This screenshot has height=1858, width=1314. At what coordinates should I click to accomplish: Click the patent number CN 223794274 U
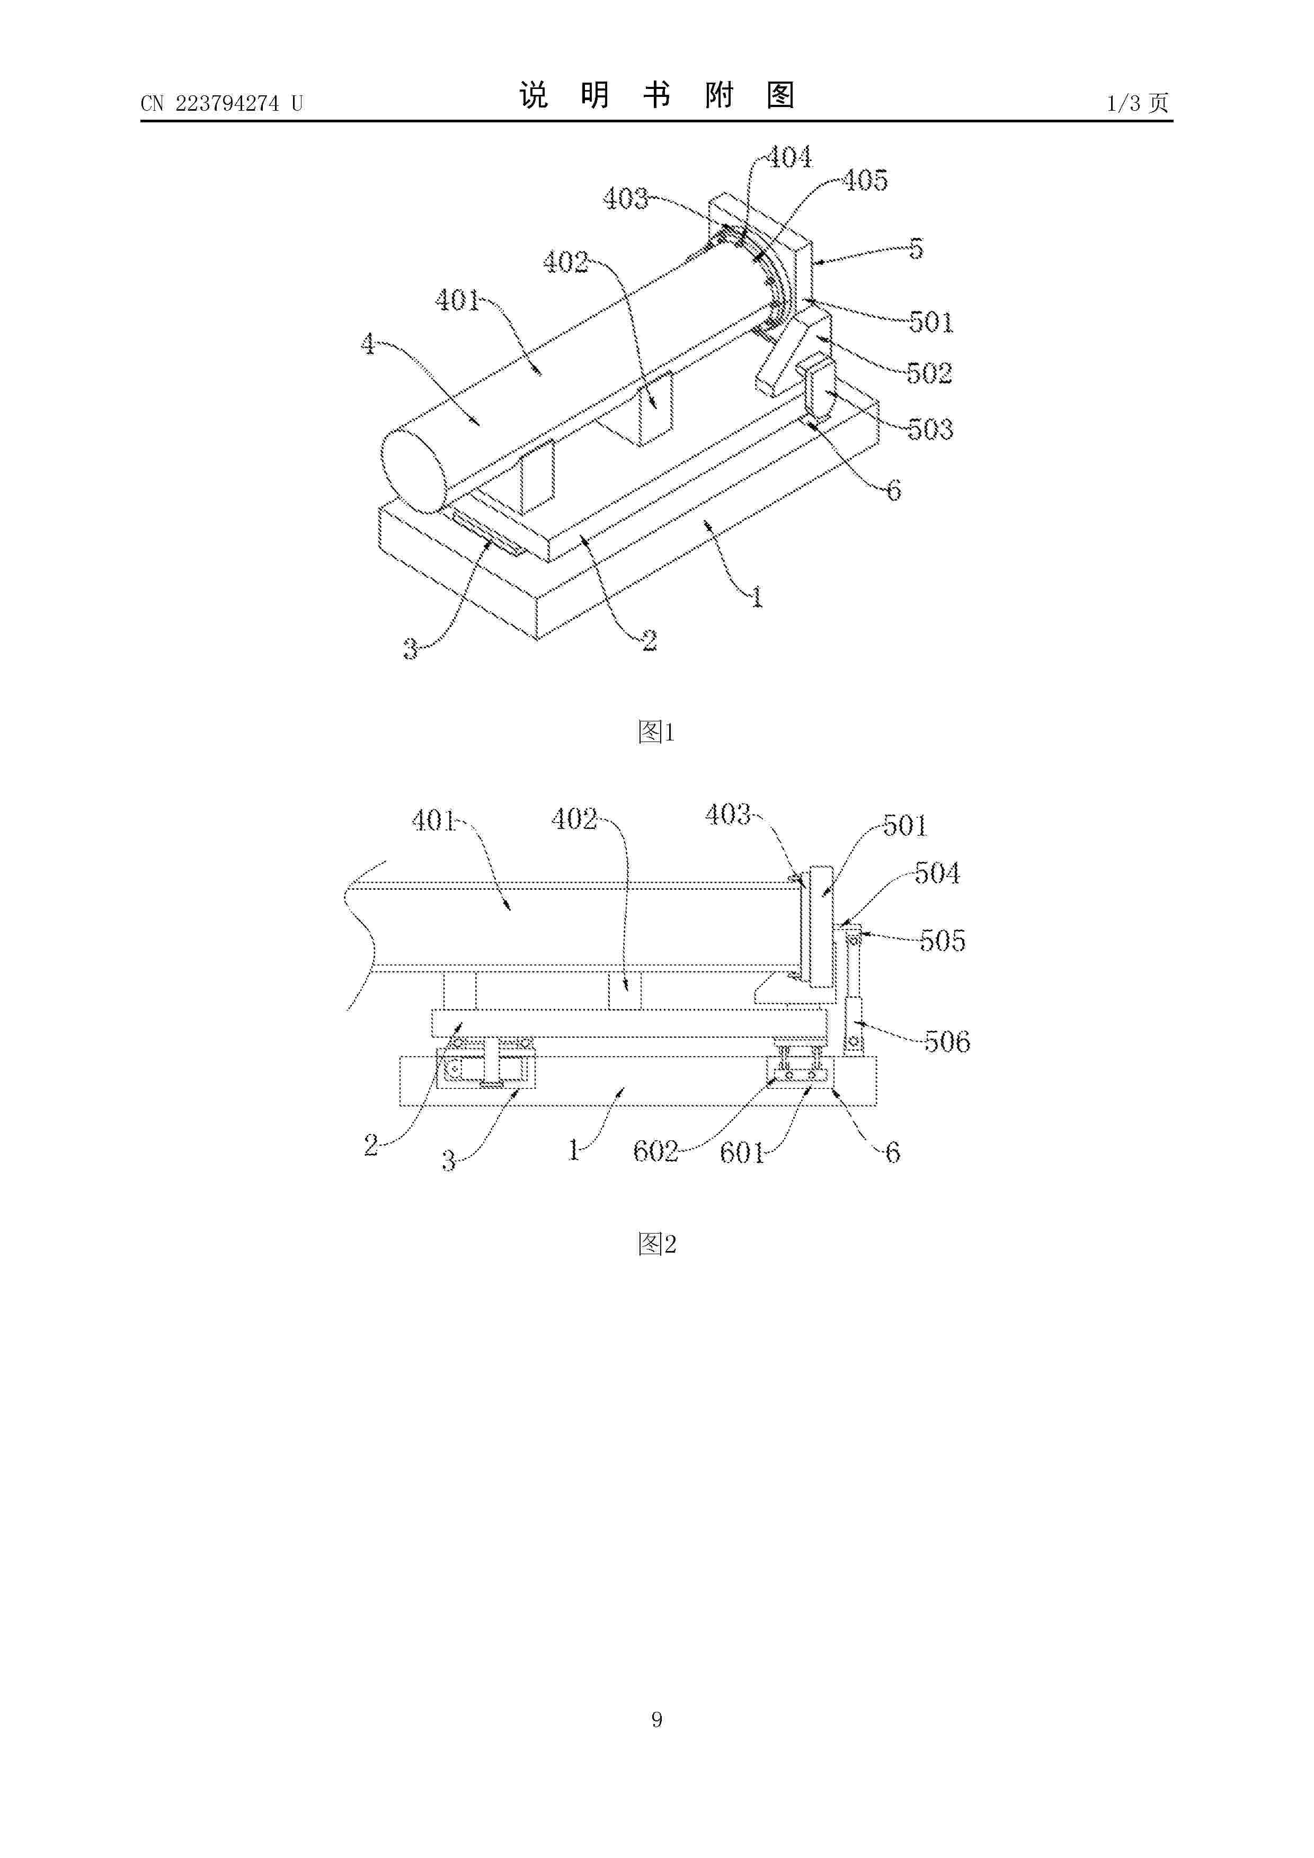[221, 104]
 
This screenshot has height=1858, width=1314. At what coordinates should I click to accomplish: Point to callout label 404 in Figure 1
[788, 157]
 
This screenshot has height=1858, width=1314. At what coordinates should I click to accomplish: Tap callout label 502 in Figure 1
[929, 373]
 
